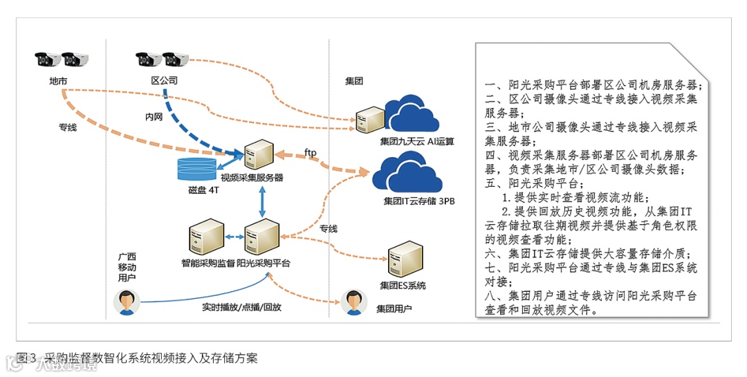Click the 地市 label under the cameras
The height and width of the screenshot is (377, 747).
[58, 81]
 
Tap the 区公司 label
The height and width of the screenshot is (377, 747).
[165, 81]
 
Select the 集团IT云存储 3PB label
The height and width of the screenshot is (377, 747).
[418, 203]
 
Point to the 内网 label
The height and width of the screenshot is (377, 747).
[154, 117]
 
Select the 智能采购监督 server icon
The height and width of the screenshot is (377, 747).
[207, 237]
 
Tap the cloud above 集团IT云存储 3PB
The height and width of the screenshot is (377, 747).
[409, 174]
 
